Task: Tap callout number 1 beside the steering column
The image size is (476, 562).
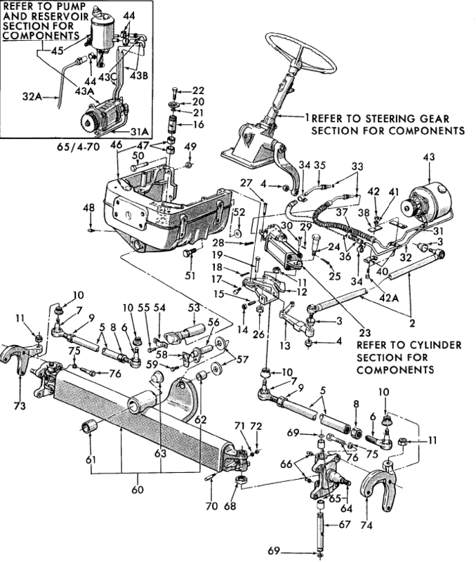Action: click(307, 117)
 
